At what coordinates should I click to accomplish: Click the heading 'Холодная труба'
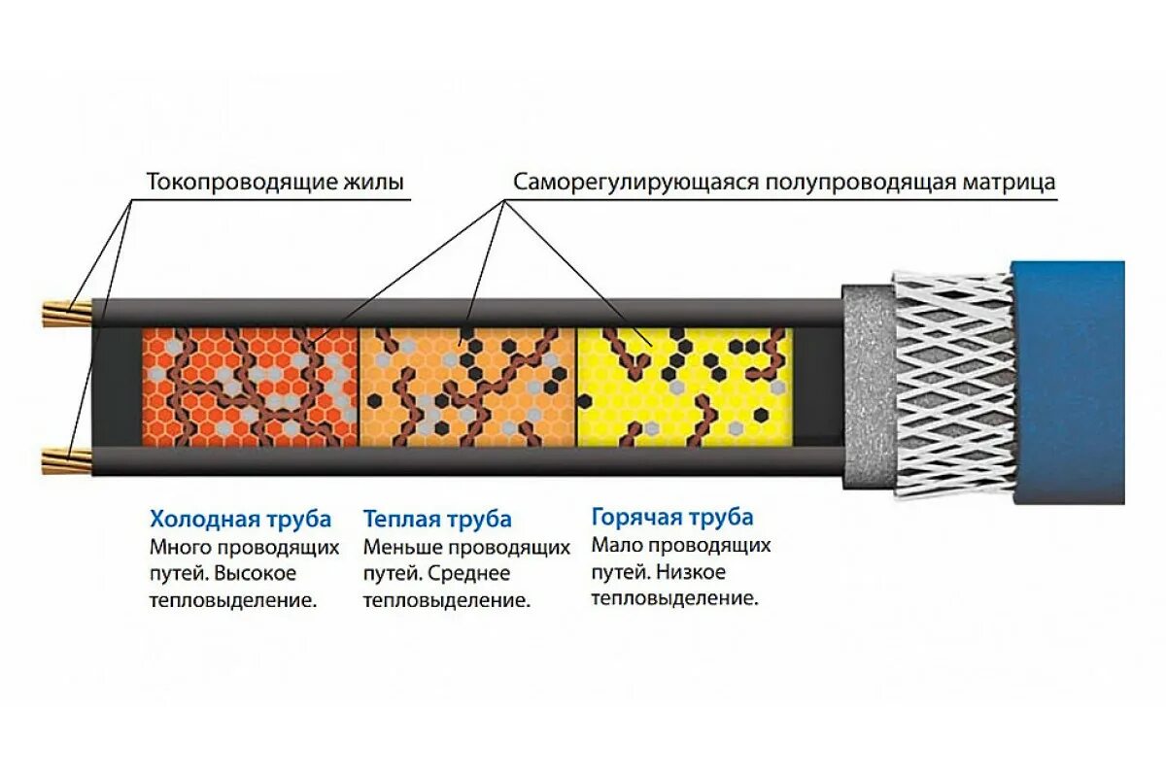(240, 519)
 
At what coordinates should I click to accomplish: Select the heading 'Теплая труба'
(437, 519)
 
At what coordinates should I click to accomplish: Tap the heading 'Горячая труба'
(672, 517)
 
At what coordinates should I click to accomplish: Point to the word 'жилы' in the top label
(371, 182)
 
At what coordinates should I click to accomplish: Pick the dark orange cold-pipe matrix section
(251, 387)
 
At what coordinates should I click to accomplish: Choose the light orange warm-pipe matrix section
(468, 387)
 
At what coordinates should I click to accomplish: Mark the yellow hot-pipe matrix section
(685, 387)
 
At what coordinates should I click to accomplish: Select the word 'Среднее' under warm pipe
(466, 573)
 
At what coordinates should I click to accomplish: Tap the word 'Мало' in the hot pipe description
(612, 545)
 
